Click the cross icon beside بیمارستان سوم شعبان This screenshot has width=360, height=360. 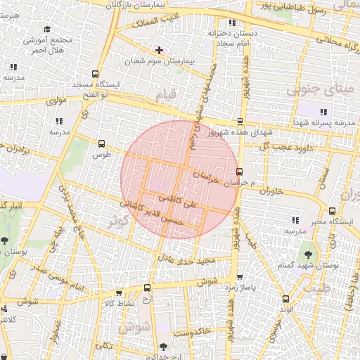pos(159,50)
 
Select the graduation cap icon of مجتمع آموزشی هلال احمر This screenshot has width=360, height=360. pos(47,30)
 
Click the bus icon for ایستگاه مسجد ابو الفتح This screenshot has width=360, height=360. pos(96,73)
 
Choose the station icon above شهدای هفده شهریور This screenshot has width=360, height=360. pos(240,122)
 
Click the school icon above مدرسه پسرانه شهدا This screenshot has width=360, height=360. pos(323,111)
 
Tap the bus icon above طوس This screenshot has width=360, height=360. pos(102,143)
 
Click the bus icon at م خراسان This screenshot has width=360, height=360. pos(240,172)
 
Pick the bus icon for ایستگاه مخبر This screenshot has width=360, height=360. pos(332,210)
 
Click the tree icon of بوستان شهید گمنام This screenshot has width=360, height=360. pos(307,251)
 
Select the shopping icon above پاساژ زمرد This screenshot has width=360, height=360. pos(240,277)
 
